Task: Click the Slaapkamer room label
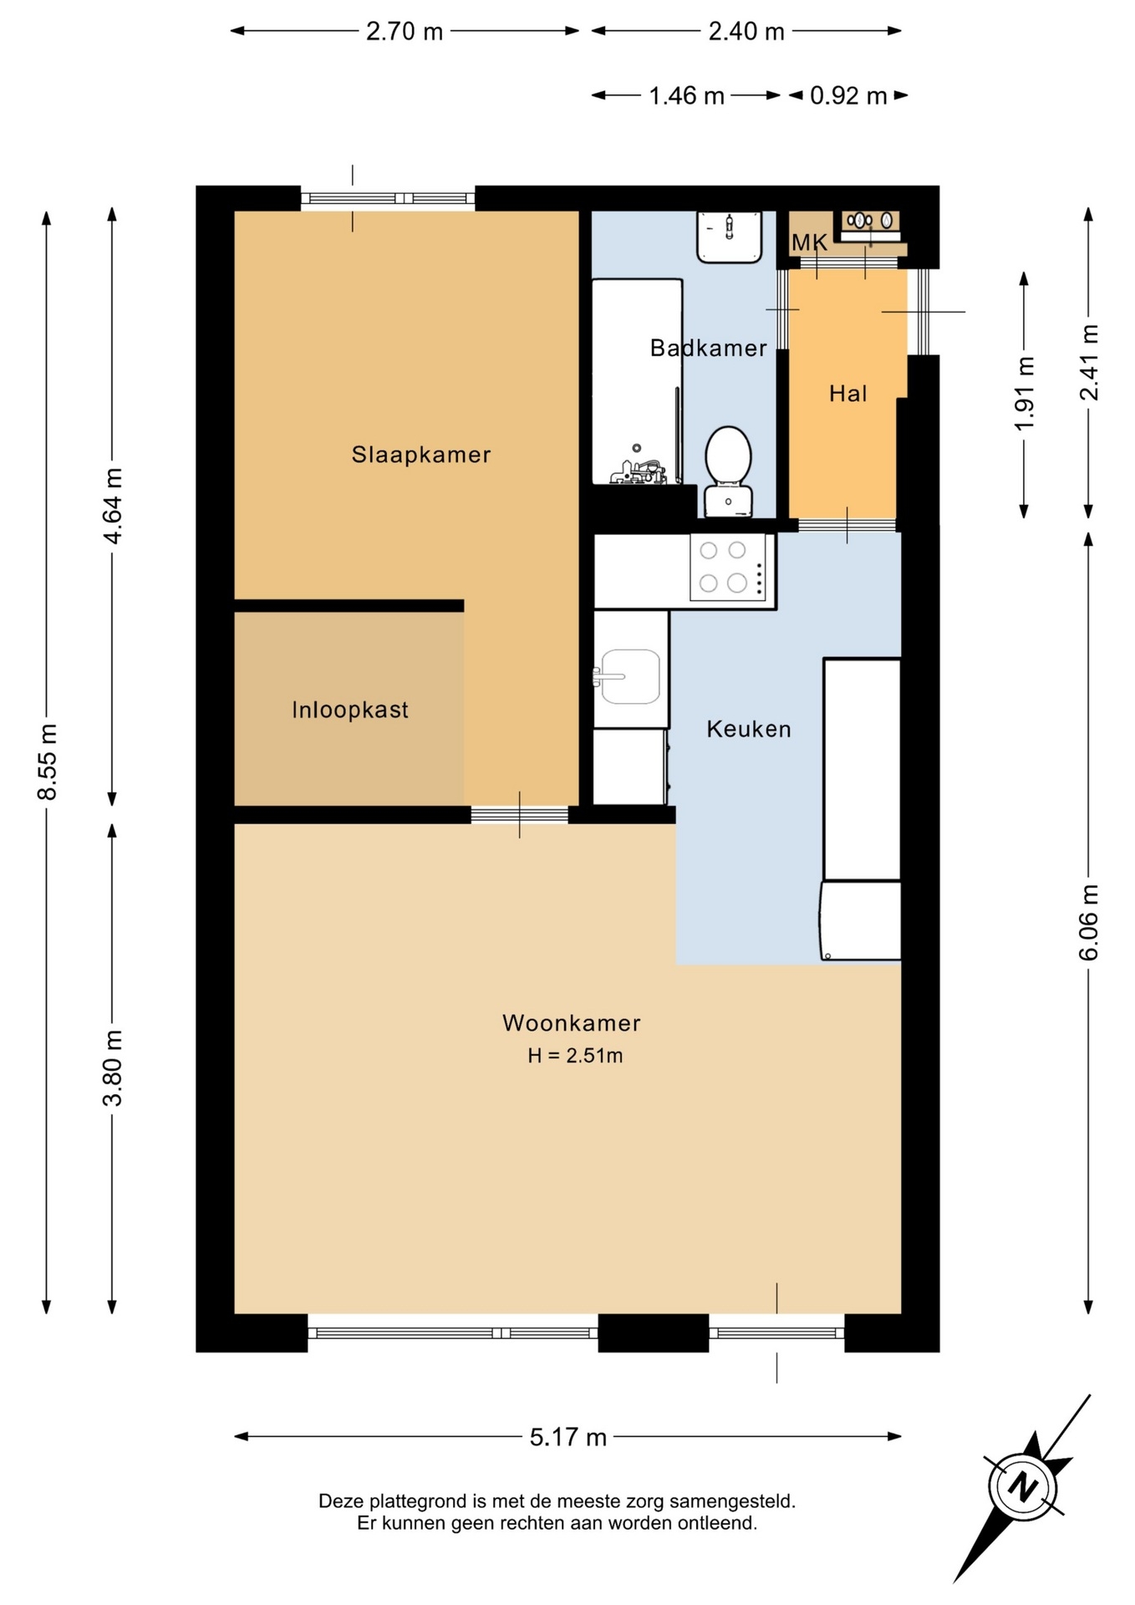tap(420, 455)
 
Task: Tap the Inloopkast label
tap(350, 710)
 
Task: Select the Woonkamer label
tap(572, 1022)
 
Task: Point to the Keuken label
tap(749, 729)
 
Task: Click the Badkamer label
tap(709, 348)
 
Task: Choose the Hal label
tap(847, 393)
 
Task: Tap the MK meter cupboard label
tap(809, 242)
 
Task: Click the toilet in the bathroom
tap(728, 471)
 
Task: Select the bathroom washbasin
tap(730, 237)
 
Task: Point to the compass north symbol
tap(1022, 1487)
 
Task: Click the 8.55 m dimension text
tap(48, 762)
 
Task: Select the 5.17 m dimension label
tap(568, 1436)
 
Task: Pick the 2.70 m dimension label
tap(405, 31)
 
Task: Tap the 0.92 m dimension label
tap(848, 95)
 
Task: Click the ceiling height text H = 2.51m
tap(575, 1056)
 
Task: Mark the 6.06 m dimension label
tap(1088, 922)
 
